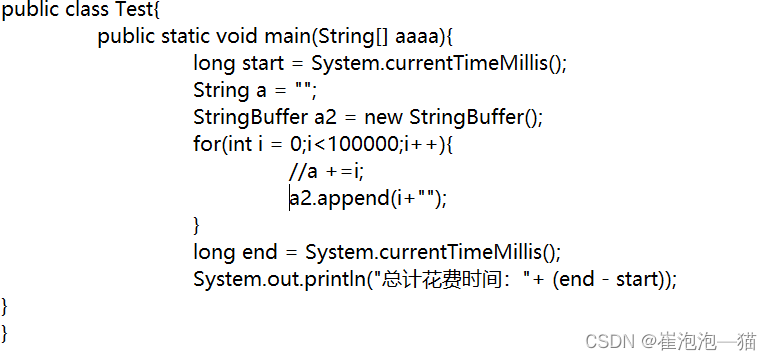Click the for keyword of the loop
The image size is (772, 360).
point(204,145)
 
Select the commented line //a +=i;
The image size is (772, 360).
point(326,172)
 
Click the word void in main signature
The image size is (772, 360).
point(237,37)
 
